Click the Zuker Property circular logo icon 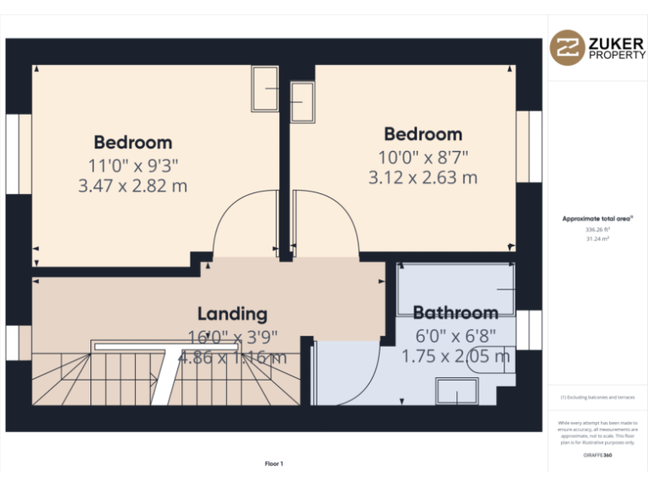pos(567,48)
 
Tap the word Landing pos(232,314)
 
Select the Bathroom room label pos(455,312)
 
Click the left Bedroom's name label pos(132,143)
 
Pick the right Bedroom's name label pos(423,134)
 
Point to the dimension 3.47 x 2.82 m pos(132,186)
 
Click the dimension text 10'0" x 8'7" pos(423,156)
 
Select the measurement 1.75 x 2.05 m pos(455,356)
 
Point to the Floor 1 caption pos(274,463)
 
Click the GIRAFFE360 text pos(597,455)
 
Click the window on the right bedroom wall pos(529,146)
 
